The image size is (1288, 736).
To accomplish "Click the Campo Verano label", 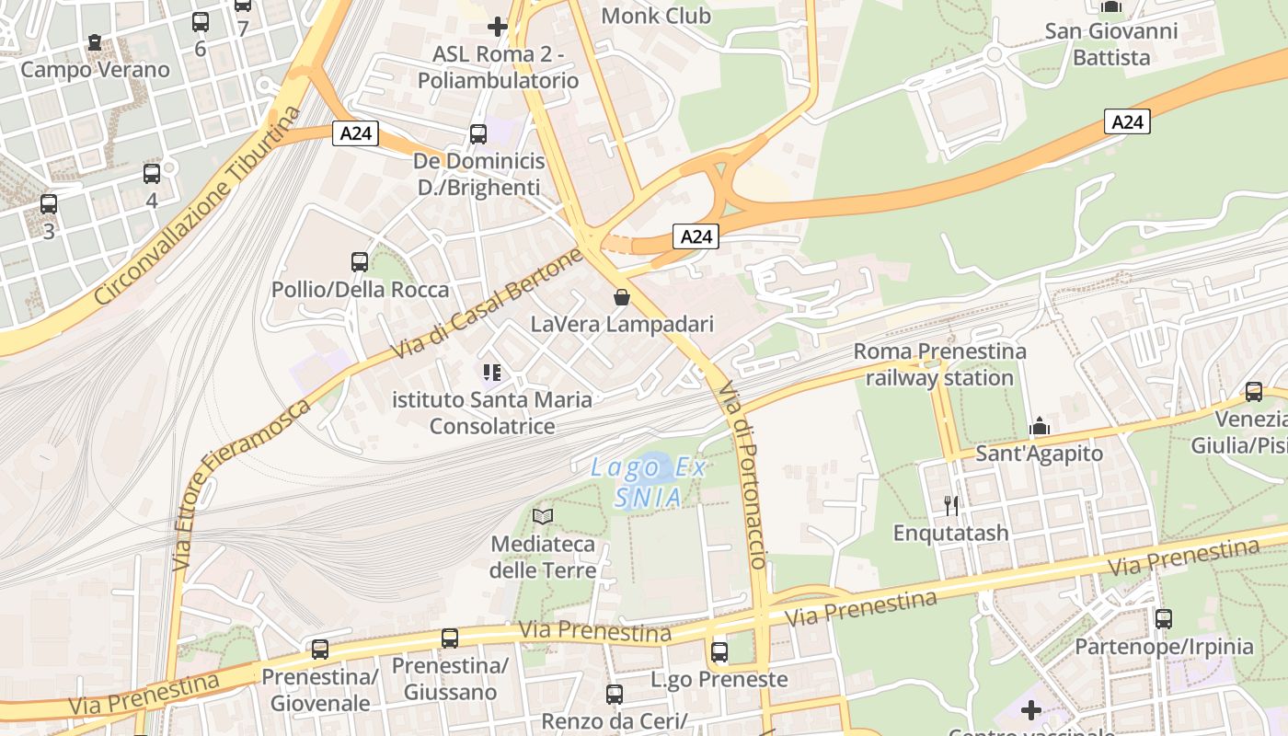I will point(95,70).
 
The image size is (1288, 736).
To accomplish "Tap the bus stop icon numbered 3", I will point(49,204).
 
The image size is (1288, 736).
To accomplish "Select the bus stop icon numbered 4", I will point(152,173).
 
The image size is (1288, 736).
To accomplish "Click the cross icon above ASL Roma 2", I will point(498,27).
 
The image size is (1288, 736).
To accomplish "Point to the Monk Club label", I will point(656,16).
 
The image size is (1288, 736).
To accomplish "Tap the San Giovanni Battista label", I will point(1111,44).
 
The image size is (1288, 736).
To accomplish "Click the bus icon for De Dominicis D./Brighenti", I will point(478,134).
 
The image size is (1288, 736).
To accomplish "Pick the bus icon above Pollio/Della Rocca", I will point(360,262).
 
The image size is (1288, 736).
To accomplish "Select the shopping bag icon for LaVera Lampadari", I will point(622,297).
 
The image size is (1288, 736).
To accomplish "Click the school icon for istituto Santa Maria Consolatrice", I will point(492,373).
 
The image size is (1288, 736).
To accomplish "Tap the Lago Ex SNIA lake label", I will point(649,482).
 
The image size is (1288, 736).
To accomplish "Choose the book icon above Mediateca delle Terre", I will point(543,517).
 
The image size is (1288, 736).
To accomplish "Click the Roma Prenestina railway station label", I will point(939,364).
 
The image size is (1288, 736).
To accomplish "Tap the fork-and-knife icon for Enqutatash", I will point(951,505).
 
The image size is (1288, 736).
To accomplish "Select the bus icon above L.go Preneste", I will point(719,652).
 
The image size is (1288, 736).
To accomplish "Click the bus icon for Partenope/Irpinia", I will point(1164,619).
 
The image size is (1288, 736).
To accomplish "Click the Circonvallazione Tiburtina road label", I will point(198,207).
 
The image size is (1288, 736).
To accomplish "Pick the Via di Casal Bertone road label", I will point(488,304).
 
